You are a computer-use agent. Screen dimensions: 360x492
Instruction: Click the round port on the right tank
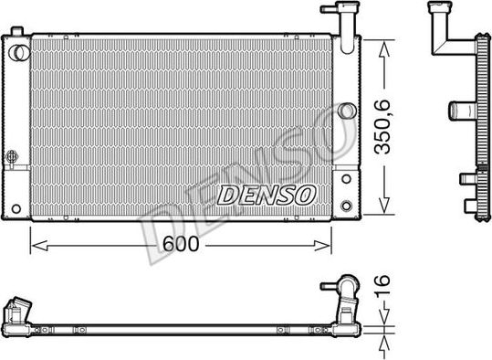346,111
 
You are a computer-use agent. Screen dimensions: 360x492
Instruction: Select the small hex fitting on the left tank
11,155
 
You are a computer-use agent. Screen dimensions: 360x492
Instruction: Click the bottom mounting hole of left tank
15,208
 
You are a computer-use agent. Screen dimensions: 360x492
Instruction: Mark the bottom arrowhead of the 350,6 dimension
385,208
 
